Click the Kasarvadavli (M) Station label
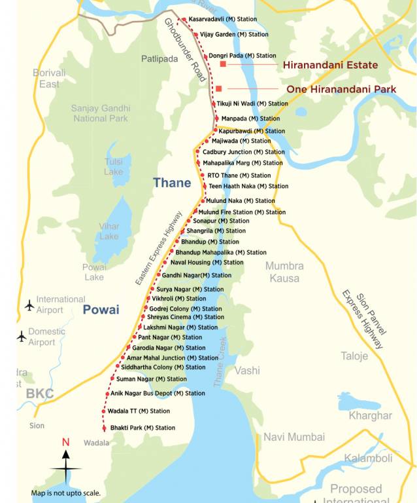pyautogui.click(x=222, y=20)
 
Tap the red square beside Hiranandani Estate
pyautogui.click(x=223, y=65)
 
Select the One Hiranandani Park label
pyautogui.click(x=341, y=89)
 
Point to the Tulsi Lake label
pyautogui.click(x=113, y=166)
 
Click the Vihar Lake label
pyautogui.click(x=109, y=231)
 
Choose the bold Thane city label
pyautogui.click(x=172, y=183)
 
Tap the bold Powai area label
pyautogui.click(x=101, y=310)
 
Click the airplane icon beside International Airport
pyautogui.click(x=29, y=305)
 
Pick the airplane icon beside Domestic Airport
pyautogui.click(x=22, y=337)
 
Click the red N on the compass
pyautogui.click(x=65, y=442)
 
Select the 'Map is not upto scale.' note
pyautogui.click(x=65, y=493)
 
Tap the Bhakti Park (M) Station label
pyautogui.click(x=142, y=428)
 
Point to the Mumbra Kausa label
pyautogui.click(x=284, y=272)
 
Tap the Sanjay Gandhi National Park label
pyautogui.click(x=101, y=113)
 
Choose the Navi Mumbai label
pyautogui.click(x=293, y=437)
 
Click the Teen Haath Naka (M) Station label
pyautogui.click(x=248, y=186)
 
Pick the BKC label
pyautogui.click(x=40, y=394)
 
